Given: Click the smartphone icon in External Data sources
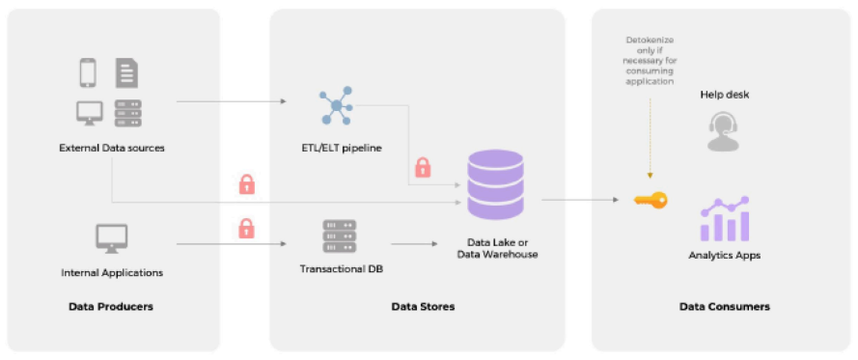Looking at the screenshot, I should pyautogui.click(x=88, y=73).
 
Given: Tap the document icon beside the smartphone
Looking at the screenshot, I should pyautogui.click(x=126, y=73).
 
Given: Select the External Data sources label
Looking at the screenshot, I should pyautogui.click(x=111, y=148).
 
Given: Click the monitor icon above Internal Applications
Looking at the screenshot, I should pyautogui.click(x=111, y=237).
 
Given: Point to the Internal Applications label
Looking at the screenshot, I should pyautogui.click(x=111, y=273).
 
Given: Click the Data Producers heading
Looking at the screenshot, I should pyautogui.click(x=111, y=307).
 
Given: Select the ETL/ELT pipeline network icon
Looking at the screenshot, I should pyautogui.click(x=338, y=106).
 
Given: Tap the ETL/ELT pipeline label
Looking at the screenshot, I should pyautogui.click(x=342, y=148).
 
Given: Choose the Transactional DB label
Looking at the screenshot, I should pyautogui.click(x=342, y=268).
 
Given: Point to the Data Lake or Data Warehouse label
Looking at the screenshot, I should pyautogui.click(x=497, y=248).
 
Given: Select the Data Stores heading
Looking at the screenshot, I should pyautogui.click(x=423, y=307).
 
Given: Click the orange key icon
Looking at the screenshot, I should pyautogui.click(x=650, y=200).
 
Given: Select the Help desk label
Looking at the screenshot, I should pyautogui.click(x=725, y=95).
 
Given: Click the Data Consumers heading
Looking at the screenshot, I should pyautogui.click(x=725, y=307).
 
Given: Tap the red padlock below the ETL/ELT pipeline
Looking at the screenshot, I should pyautogui.click(x=422, y=167).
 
